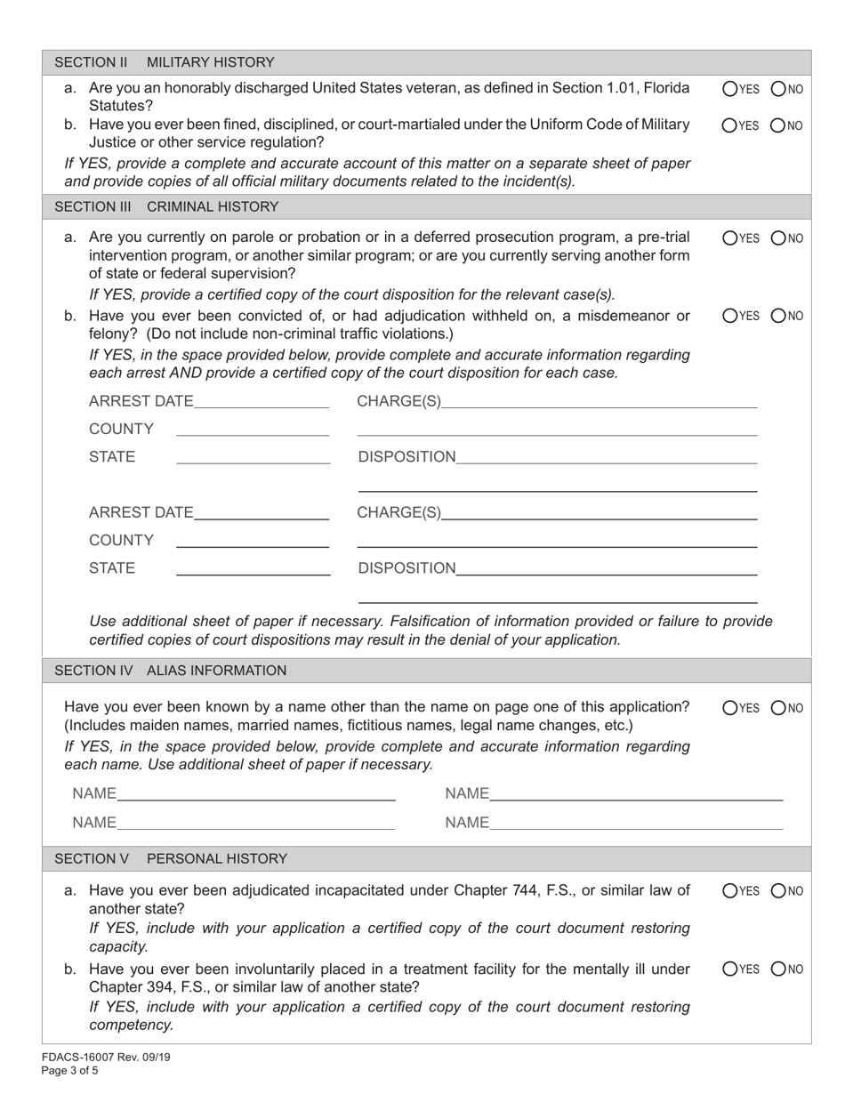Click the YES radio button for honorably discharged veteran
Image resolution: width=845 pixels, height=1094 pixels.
point(730,88)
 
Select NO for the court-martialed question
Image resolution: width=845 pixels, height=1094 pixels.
point(778,125)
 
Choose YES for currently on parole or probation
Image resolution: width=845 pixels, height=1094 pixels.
point(730,237)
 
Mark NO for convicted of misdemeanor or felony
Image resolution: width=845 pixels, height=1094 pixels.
point(778,315)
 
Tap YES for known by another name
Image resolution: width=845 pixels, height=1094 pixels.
point(730,708)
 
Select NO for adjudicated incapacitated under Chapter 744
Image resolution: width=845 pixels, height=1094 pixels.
point(778,890)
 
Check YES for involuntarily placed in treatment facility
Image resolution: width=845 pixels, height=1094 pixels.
point(730,969)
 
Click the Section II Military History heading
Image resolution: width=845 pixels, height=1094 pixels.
point(165,62)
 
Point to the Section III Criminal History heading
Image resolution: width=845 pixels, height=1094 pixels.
point(166,206)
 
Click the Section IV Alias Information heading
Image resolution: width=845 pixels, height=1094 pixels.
point(171,670)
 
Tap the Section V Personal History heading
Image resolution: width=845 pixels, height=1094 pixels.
point(171,858)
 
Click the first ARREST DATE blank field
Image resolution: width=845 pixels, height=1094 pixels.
point(261,402)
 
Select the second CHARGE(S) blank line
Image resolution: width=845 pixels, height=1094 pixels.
point(599,512)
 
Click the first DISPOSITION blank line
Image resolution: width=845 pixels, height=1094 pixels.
point(606,457)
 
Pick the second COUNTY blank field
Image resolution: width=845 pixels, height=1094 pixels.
point(253,541)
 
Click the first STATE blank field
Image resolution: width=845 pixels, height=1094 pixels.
point(253,457)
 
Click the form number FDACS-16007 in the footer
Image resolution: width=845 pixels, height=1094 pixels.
point(80,1058)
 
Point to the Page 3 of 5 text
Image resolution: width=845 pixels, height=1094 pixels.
point(71,1071)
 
